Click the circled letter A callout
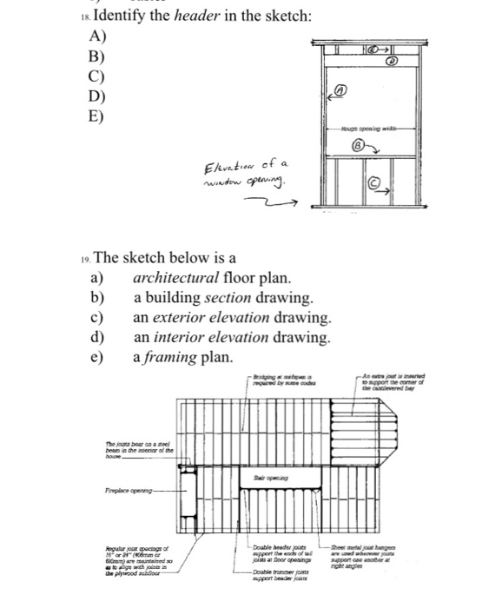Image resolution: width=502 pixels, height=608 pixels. (341, 89)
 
